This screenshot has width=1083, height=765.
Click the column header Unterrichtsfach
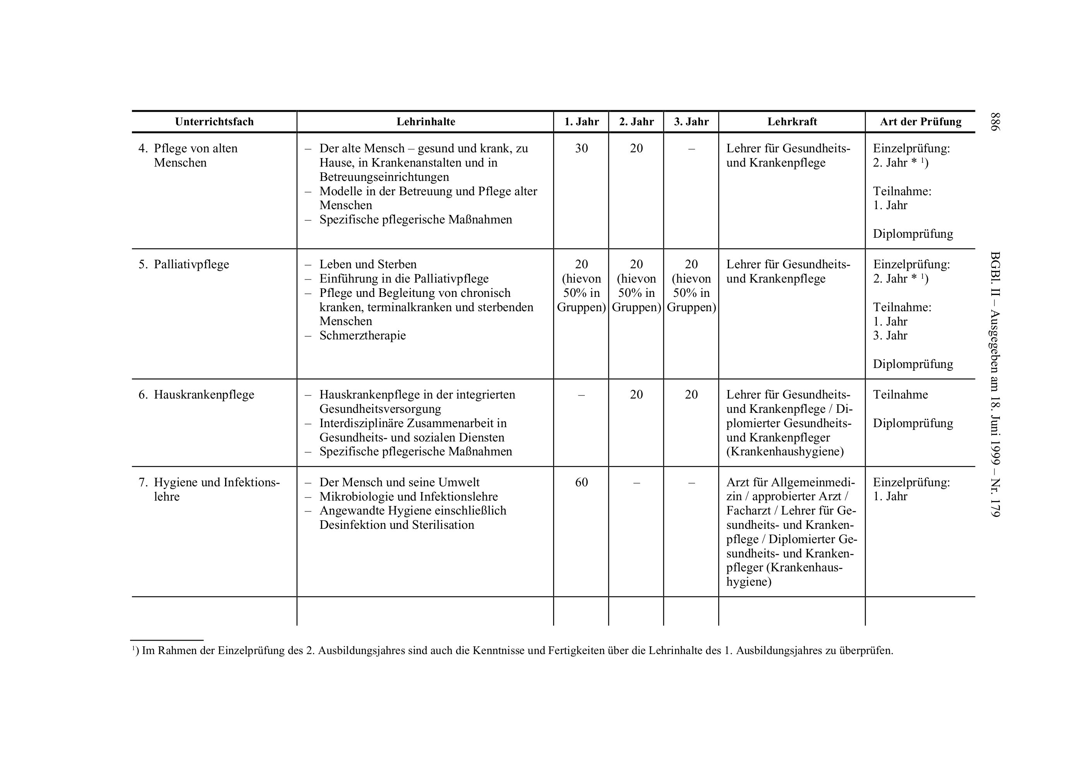[214, 122]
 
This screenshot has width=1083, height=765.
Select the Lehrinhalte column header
[425, 122]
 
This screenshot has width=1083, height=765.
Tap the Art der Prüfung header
[920, 122]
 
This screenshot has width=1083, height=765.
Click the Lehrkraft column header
[792, 122]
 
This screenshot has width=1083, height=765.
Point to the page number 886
[995, 122]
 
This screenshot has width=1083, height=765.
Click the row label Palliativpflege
[191, 264]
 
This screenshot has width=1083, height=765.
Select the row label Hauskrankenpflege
[204, 395]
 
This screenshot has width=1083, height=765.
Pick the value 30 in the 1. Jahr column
[581, 148]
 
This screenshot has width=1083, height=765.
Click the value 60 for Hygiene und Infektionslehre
[581, 482]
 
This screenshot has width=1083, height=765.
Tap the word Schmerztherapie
[362, 336]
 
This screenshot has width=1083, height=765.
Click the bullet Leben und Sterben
[368, 264]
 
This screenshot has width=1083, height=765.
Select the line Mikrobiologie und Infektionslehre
[408, 496]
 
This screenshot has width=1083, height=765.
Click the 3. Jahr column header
[691, 122]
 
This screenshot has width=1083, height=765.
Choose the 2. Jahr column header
[636, 122]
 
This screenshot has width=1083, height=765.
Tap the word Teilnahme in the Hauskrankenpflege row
[900, 395]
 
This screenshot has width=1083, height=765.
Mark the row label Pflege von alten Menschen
[195, 155]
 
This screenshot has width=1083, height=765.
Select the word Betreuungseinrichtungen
[384, 177]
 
